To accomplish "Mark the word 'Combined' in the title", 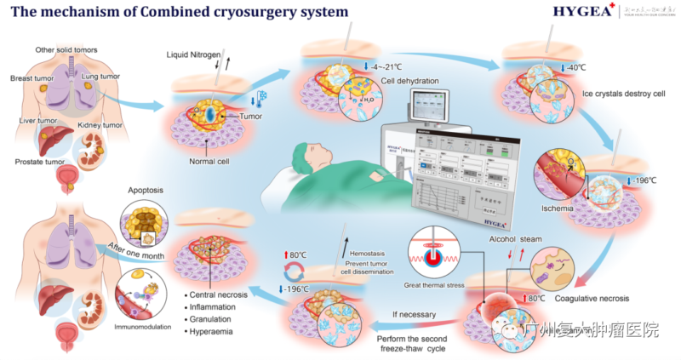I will click(164, 13).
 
